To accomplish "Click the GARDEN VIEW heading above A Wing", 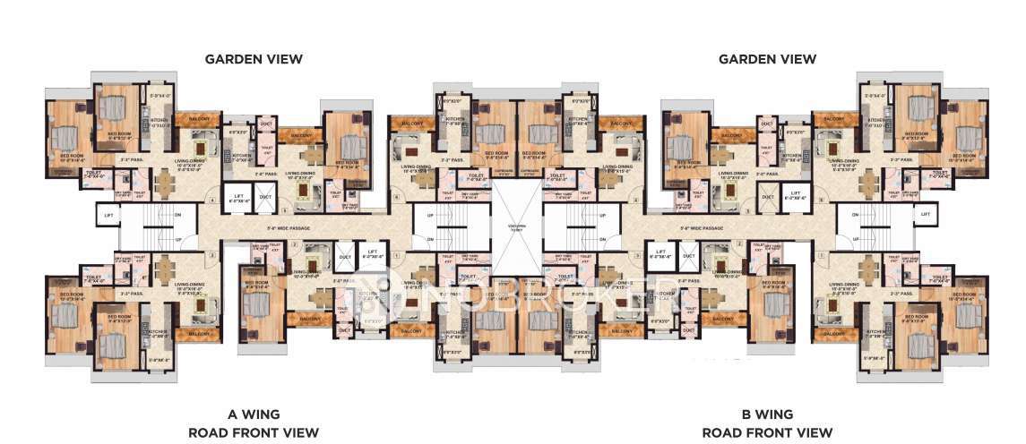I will [x=254, y=59].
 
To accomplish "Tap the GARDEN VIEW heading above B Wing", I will [x=767, y=59].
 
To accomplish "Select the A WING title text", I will [x=254, y=414].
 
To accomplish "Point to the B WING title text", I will [x=767, y=414].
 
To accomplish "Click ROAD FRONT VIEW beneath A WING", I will [x=254, y=432].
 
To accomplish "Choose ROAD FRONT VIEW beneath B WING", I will [x=767, y=432].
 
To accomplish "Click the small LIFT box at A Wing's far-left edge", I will [x=108, y=216].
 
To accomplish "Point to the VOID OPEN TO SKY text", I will [x=513, y=226].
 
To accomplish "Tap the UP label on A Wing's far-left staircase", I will [x=178, y=239].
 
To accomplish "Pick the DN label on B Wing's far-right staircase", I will [x=855, y=216].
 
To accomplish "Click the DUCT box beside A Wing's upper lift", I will [x=265, y=196].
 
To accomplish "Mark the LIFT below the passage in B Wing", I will [x=661, y=254].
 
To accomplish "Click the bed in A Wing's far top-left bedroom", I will [x=65, y=137].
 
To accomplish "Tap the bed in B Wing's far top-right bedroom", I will [x=965, y=137].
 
